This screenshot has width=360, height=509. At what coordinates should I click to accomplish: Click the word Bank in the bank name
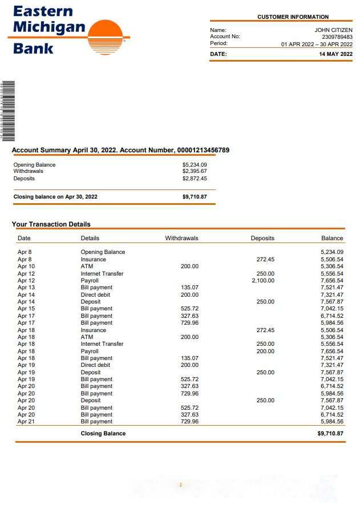tap(33, 48)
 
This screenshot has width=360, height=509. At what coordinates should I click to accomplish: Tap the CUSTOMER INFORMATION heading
tap(293, 17)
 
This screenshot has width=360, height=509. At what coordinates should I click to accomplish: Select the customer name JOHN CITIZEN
tap(333, 30)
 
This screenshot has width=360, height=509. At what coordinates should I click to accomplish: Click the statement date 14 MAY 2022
tap(335, 54)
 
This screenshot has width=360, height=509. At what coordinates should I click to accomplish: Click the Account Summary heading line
tap(120, 150)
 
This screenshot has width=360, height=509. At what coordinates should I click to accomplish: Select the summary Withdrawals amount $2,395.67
tap(195, 171)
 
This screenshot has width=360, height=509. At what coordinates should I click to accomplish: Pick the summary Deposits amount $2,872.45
tap(195, 179)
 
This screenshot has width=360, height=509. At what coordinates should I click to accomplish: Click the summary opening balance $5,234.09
tap(195, 165)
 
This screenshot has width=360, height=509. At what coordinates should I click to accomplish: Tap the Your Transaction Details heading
tap(51, 224)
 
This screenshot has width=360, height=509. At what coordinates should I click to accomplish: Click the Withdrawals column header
tap(181, 238)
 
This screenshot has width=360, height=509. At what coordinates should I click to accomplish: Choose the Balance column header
tap(332, 238)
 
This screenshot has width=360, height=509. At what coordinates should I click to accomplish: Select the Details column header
tap(90, 238)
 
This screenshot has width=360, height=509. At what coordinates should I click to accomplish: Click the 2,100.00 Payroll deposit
tap(263, 281)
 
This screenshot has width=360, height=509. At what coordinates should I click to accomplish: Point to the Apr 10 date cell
tap(26, 266)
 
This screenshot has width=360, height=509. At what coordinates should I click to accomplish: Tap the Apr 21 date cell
tap(26, 422)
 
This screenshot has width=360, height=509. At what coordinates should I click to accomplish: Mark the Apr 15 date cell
tap(26, 309)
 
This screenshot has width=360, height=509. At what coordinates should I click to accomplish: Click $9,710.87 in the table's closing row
tap(330, 434)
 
